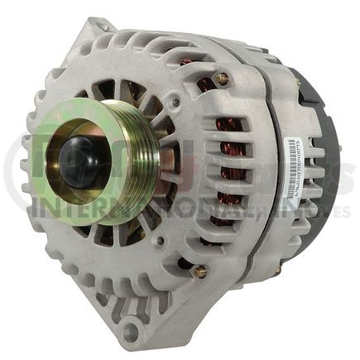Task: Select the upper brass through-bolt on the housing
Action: click(x=222, y=79)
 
